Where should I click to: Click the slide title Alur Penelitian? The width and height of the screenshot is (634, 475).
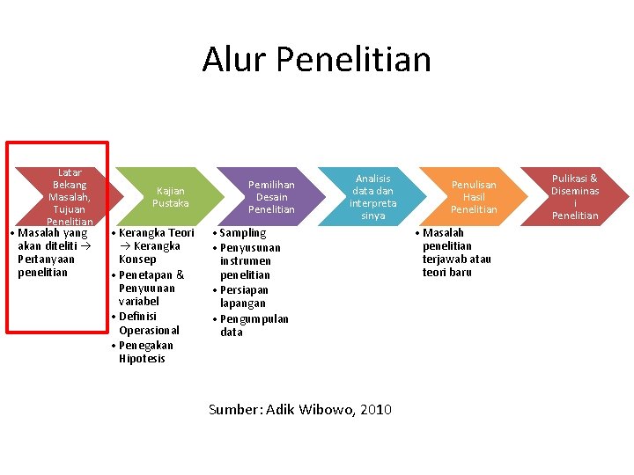317,59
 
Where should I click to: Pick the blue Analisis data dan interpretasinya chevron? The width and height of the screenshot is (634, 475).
372,197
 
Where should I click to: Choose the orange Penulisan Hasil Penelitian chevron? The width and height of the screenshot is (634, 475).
474,197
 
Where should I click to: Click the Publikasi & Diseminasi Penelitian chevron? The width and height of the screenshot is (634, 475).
575,197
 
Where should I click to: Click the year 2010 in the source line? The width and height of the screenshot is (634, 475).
376,409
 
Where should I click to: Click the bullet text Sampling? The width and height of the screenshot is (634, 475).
242,233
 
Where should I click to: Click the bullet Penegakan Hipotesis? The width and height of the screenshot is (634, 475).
146,352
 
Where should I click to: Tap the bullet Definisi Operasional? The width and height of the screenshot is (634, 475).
148,323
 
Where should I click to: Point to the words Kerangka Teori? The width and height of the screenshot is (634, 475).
156,233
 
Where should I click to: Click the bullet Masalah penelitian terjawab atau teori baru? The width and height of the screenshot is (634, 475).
456,252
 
